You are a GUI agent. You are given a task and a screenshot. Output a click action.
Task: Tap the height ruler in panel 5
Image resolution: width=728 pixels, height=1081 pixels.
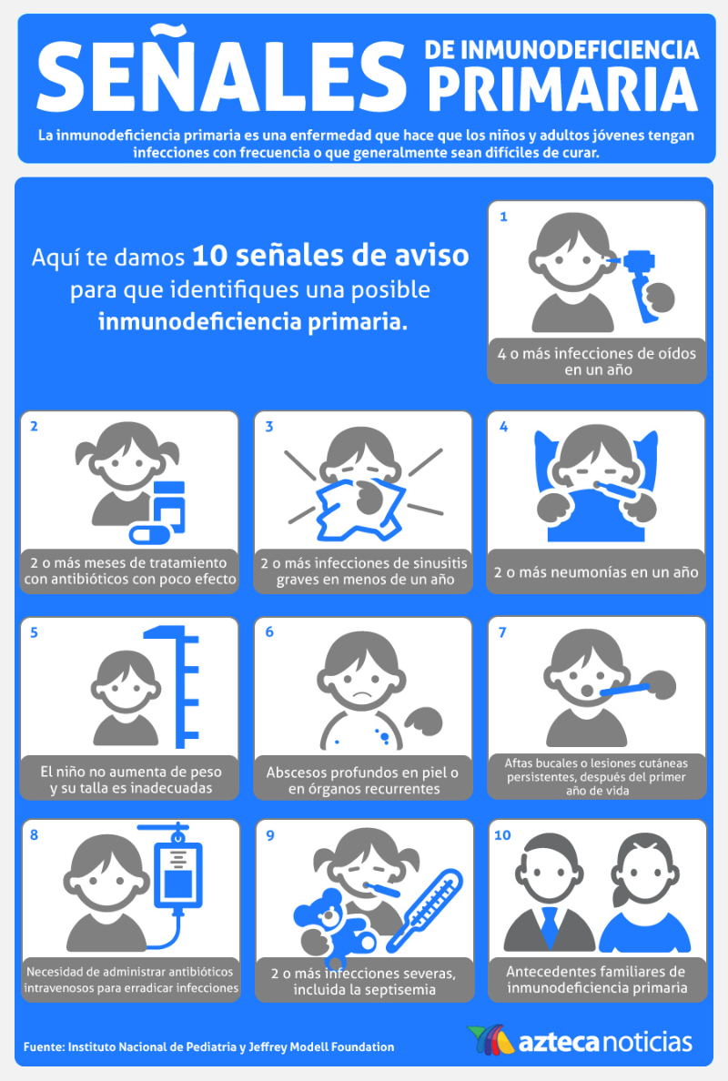pos(174,686)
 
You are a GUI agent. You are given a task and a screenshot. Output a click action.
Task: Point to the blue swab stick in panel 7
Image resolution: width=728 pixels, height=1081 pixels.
pos(624,690)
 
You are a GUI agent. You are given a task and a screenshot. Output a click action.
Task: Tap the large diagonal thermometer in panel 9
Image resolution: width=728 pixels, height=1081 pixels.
pos(424,911)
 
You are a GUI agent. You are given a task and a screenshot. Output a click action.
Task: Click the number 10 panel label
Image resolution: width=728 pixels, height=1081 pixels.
pos(502,835)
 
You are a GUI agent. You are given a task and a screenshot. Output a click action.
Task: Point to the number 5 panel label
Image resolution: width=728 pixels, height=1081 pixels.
pos(35,633)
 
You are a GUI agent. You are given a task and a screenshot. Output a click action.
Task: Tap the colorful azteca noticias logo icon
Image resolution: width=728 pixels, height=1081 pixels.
pos(490,1040)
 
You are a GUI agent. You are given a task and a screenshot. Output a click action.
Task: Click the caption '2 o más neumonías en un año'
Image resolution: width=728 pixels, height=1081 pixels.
pos(596,572)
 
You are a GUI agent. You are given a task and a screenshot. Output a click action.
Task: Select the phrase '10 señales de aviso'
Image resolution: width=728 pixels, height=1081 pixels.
pos(330,257)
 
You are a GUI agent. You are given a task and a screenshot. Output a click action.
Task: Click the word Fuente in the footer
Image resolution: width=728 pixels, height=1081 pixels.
pos(43,1046)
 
